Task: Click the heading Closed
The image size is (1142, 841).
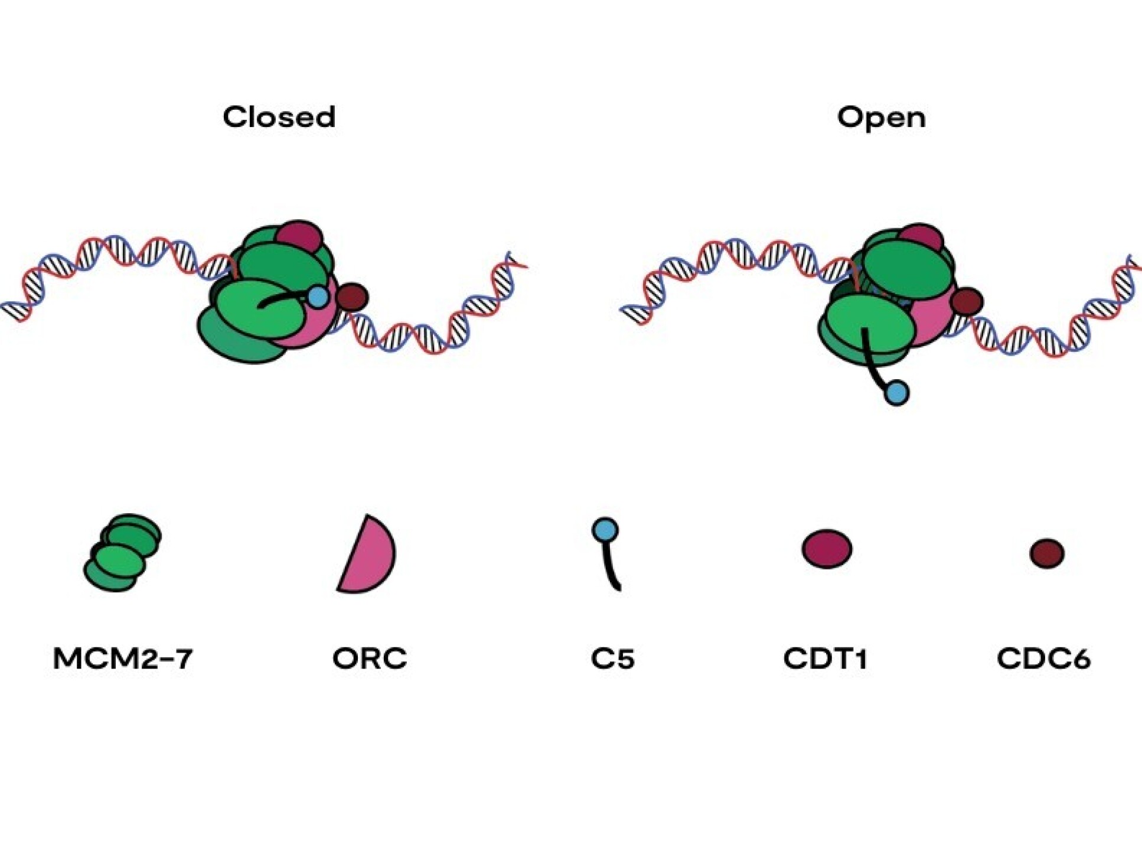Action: coord(279,117)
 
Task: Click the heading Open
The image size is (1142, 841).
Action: coord(881,118)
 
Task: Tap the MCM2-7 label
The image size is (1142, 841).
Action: coord(123,658)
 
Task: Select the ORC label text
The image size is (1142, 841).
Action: coord(370,658)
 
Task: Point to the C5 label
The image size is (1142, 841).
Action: coord(612,658)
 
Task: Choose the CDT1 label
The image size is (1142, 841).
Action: coord(825,658)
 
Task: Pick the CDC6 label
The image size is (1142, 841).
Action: coord(1043,658)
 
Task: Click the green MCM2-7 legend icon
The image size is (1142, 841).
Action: coord(122,553)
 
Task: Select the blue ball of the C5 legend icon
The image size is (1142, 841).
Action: coord(605,530)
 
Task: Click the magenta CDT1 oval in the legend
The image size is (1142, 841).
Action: coord(827,549)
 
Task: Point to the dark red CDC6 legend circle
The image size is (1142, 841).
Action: coord(1047,553)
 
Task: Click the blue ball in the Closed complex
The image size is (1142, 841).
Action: coord(318,296)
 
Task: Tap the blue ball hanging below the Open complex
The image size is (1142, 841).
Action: coord(896,393)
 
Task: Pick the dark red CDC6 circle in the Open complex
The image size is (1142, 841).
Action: coord(967,302)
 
